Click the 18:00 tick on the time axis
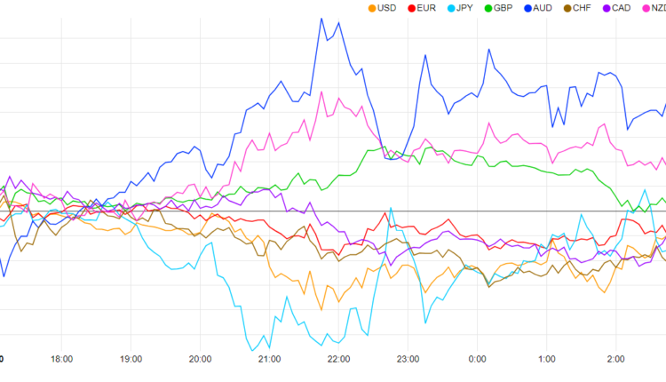61,359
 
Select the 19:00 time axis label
131,359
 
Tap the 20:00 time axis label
200,359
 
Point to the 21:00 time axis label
269,359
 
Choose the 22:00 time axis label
338,359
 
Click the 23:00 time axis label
408,359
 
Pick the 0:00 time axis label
477,359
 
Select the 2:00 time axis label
615,359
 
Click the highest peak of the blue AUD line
321,18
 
